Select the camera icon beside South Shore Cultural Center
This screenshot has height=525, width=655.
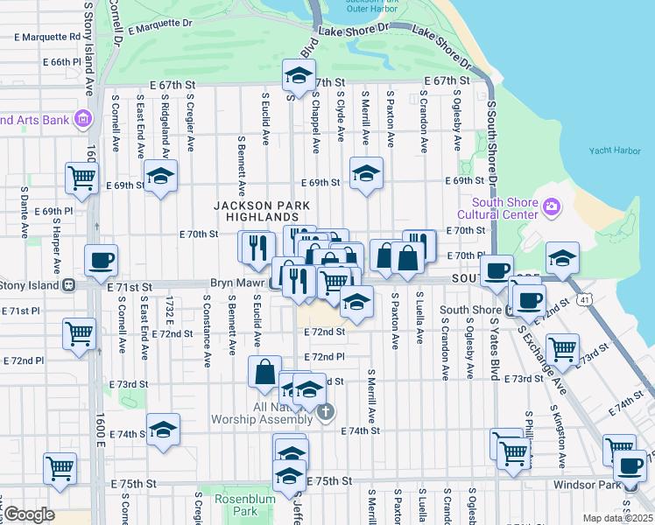[551, 207]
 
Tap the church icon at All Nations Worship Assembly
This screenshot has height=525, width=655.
[325, 412]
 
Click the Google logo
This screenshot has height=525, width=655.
[29, 514]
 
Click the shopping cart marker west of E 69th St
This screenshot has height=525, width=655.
[81, 178]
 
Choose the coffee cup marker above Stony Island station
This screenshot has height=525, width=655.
[101, 260]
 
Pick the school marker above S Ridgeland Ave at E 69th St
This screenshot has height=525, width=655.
[160, 176]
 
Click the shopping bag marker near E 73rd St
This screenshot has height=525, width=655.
[264, 372]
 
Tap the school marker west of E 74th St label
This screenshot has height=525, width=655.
[163, 430]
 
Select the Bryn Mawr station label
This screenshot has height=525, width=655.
[237, 283]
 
